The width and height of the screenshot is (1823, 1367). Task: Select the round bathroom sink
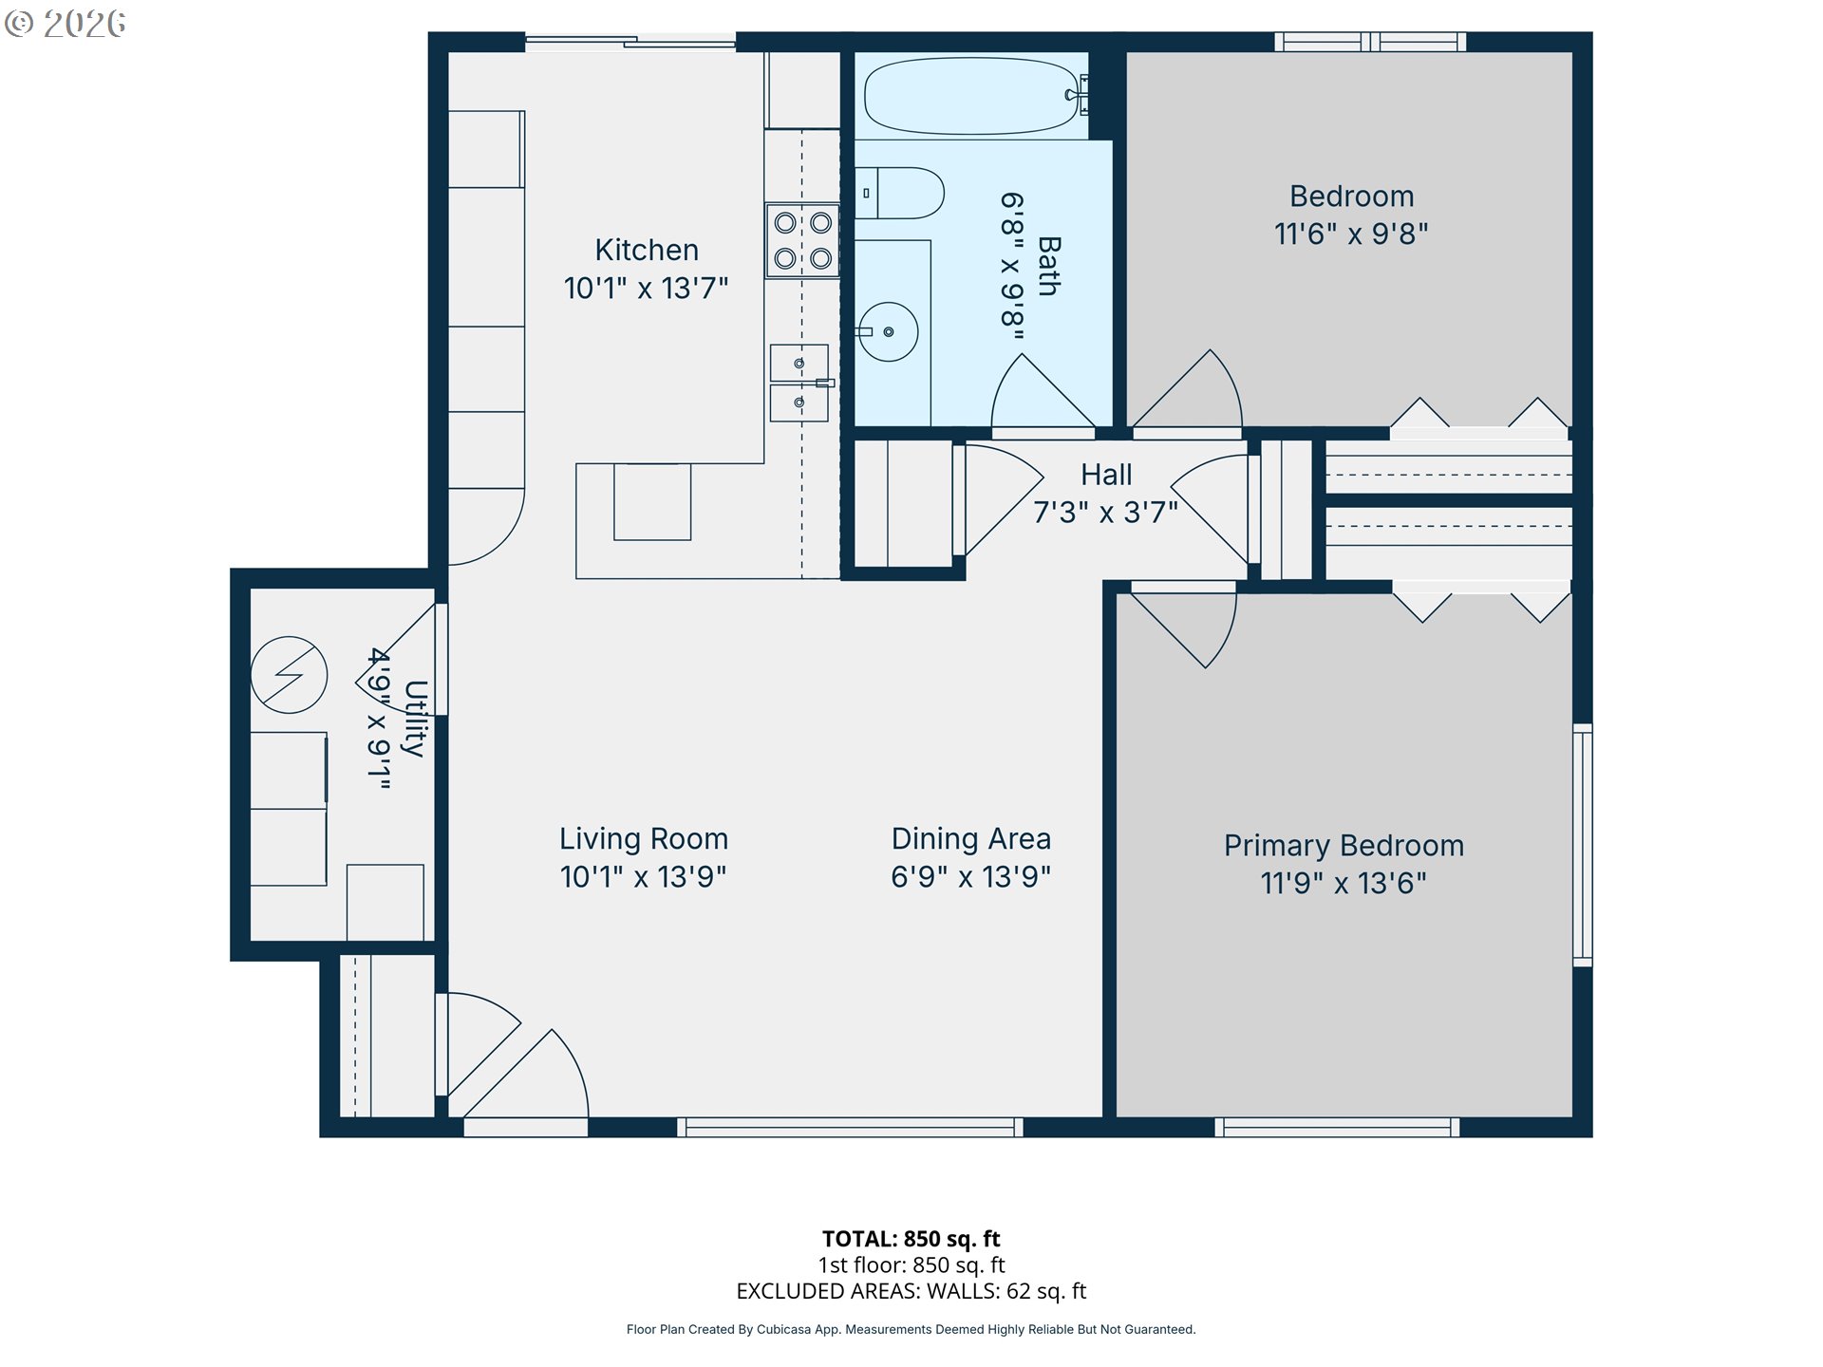tap(887, 331)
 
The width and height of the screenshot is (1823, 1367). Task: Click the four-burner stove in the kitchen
tap(802, 240)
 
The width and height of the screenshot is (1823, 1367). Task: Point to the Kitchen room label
tap(647, 250)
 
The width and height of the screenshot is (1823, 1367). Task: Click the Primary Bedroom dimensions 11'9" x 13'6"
tap(1344, 883)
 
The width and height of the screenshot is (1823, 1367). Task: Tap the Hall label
tap(1106, 475)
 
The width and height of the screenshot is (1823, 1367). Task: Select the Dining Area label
tap(970, 838)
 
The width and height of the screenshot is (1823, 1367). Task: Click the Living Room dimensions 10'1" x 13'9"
tap(644, 876)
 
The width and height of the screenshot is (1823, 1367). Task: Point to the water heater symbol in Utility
tap(290, 675)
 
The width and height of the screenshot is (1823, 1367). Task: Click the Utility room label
tap(415, 719)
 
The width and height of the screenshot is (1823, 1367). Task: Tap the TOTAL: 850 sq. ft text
tap(911, 1239)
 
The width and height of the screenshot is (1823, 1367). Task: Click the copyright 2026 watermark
tap(66, 24)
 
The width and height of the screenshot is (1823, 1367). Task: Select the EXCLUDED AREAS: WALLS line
tap(911, 1291)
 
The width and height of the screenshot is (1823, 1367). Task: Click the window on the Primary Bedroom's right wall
tap(1583, 845)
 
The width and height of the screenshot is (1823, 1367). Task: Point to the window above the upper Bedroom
tap(1370, 42)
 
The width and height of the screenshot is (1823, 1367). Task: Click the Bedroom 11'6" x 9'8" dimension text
tap(1351, 234)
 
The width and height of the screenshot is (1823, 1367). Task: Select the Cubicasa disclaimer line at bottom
tap(911, 1329)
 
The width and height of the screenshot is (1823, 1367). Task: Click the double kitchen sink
tap(799, 383)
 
